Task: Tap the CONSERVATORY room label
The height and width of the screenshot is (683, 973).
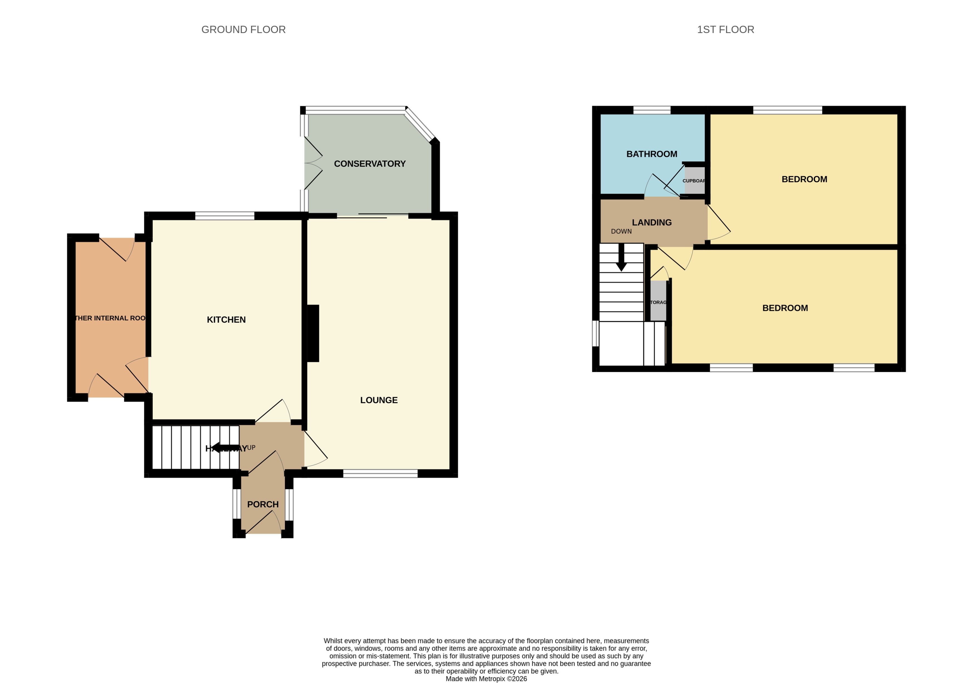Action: coord(369,164)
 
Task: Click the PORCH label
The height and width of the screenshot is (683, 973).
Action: coord(263,505)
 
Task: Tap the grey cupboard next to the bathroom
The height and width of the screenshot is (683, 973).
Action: coord(694,181)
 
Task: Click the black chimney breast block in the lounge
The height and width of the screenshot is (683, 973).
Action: coord(313,333)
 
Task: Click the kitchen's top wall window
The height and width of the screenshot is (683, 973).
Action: coord(225,216)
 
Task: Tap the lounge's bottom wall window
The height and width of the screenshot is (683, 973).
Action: coord(380,474)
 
